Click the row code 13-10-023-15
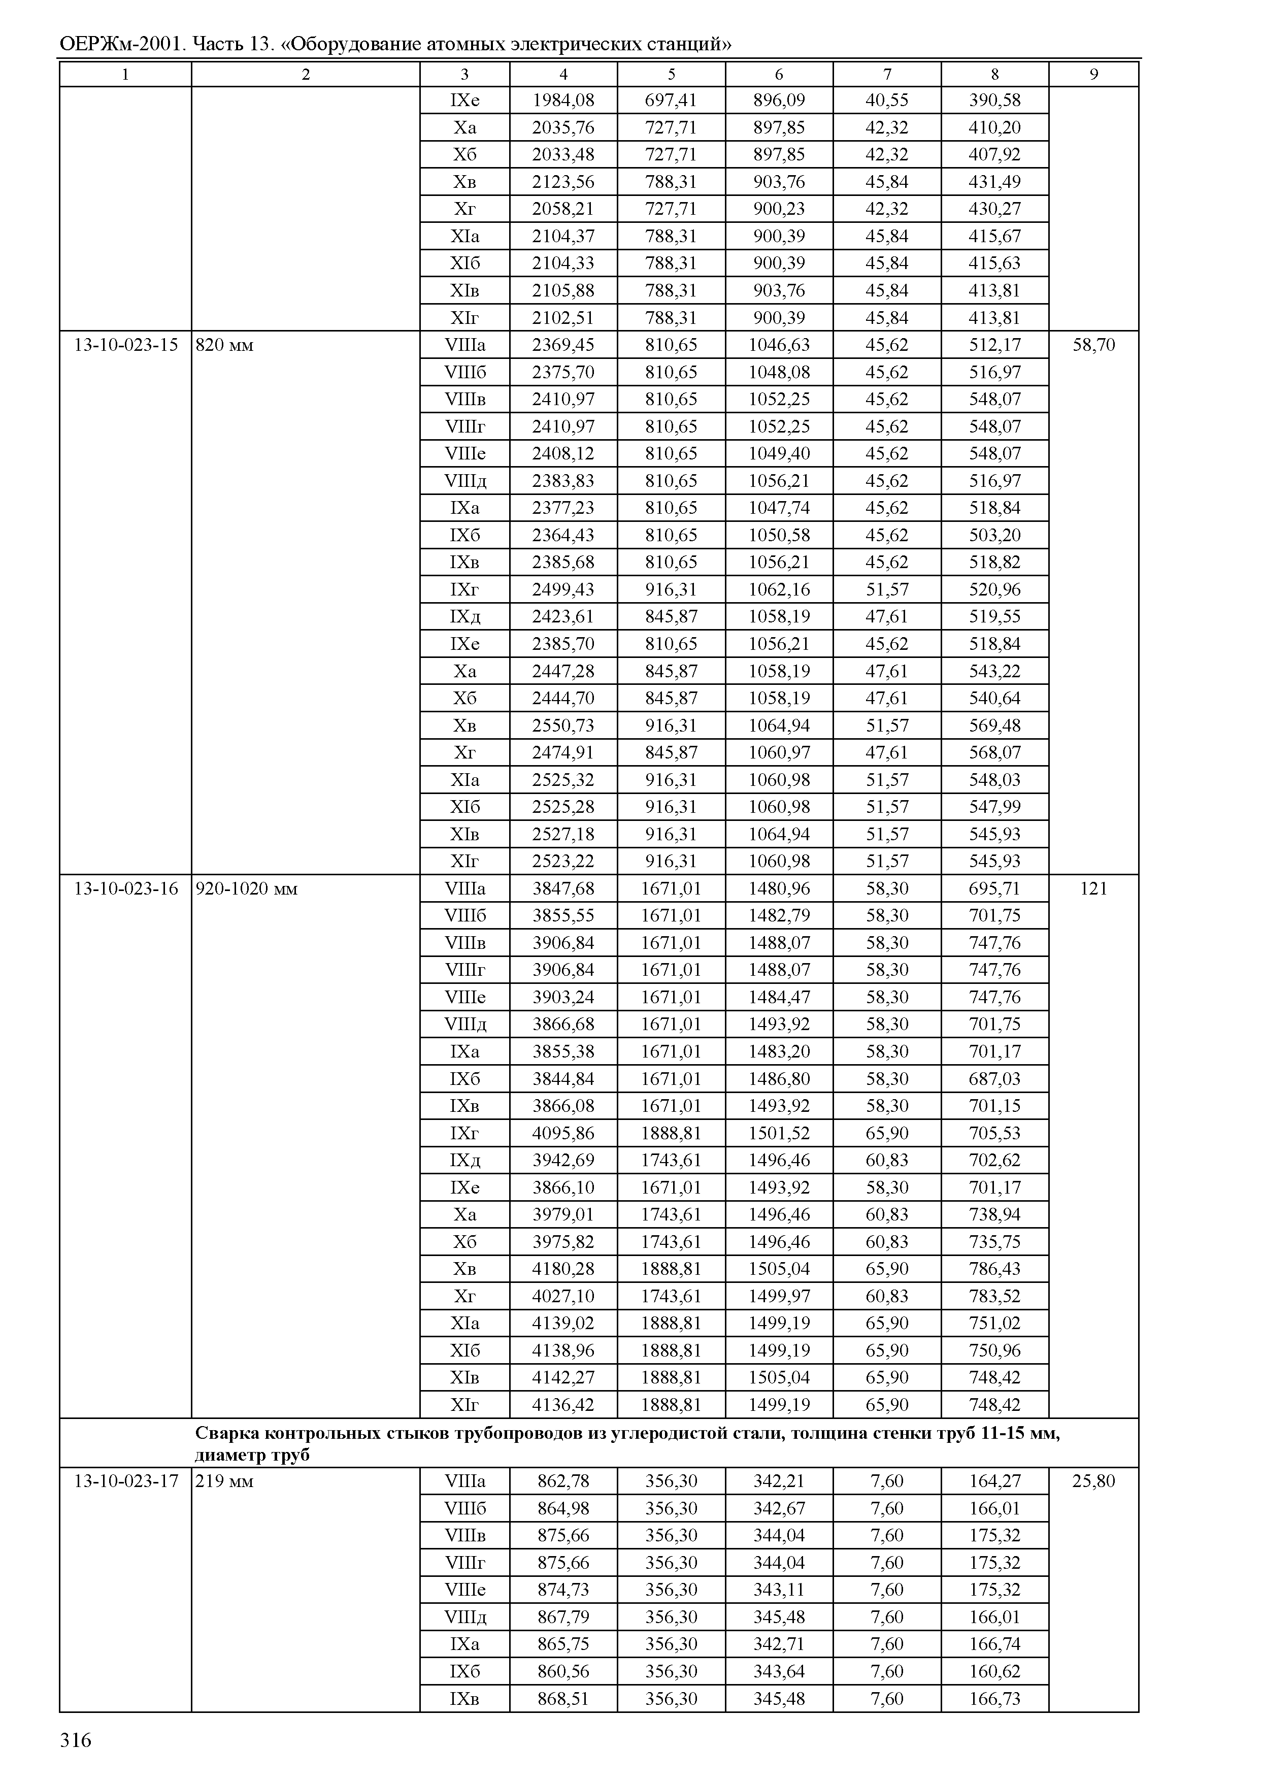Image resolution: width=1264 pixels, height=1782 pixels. click(125, 345)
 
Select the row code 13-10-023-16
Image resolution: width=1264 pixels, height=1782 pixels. click(125, 888)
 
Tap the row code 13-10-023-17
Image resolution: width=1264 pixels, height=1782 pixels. click(125, 1481)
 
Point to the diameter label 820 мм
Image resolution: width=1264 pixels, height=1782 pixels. click(224, 345)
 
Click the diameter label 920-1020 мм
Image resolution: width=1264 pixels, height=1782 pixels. click(246, 888)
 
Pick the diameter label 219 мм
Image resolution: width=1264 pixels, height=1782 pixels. click(224, 1481)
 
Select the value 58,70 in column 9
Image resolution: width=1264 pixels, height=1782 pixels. click(1093, 345)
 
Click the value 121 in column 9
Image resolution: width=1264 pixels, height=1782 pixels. click(1093, 888)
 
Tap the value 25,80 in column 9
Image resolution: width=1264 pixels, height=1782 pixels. click(1093, 1481)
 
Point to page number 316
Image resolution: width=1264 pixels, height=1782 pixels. click(76, 1740)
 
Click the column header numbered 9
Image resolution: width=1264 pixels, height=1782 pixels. click(1093, 75)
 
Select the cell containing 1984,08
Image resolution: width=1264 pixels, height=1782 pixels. click(563, 100)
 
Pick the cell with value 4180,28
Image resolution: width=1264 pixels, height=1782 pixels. click(563, 1268)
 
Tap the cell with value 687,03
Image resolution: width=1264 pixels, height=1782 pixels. click(994, 1078)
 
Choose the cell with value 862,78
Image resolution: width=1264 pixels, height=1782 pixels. click(563, 1481)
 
